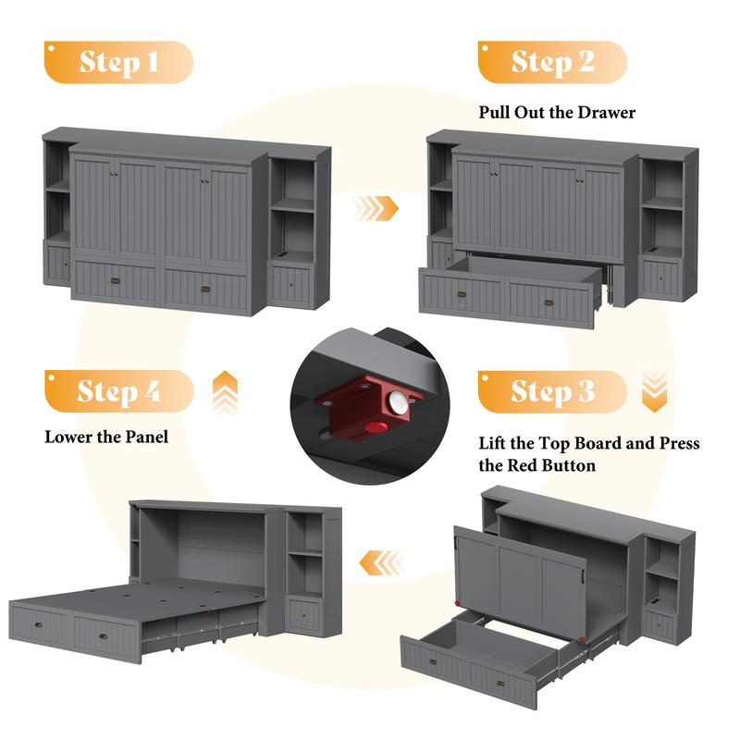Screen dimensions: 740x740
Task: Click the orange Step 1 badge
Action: click(x=118, y=62)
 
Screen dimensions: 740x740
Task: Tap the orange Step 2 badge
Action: click(x=551, y=62)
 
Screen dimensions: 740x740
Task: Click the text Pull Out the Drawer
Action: click(x=557, y=113)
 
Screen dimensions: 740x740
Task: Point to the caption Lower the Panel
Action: click(x=106, y=437)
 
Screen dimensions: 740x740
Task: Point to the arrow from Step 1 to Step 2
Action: click(x=376, y=208)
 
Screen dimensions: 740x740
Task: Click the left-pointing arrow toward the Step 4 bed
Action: click(x=383, y=561)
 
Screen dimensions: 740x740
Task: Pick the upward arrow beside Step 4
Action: click(x=225, y=392)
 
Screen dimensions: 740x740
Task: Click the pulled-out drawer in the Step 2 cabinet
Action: click(x=509, y=290)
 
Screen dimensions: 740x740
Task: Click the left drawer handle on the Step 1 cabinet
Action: click(x=115, y=278)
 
